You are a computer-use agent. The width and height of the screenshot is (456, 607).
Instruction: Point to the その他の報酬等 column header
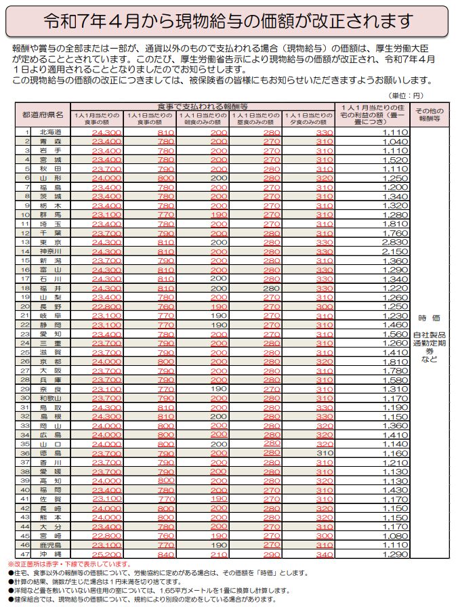point(428,114)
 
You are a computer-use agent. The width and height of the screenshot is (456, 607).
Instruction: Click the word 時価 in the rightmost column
point(429,318)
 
